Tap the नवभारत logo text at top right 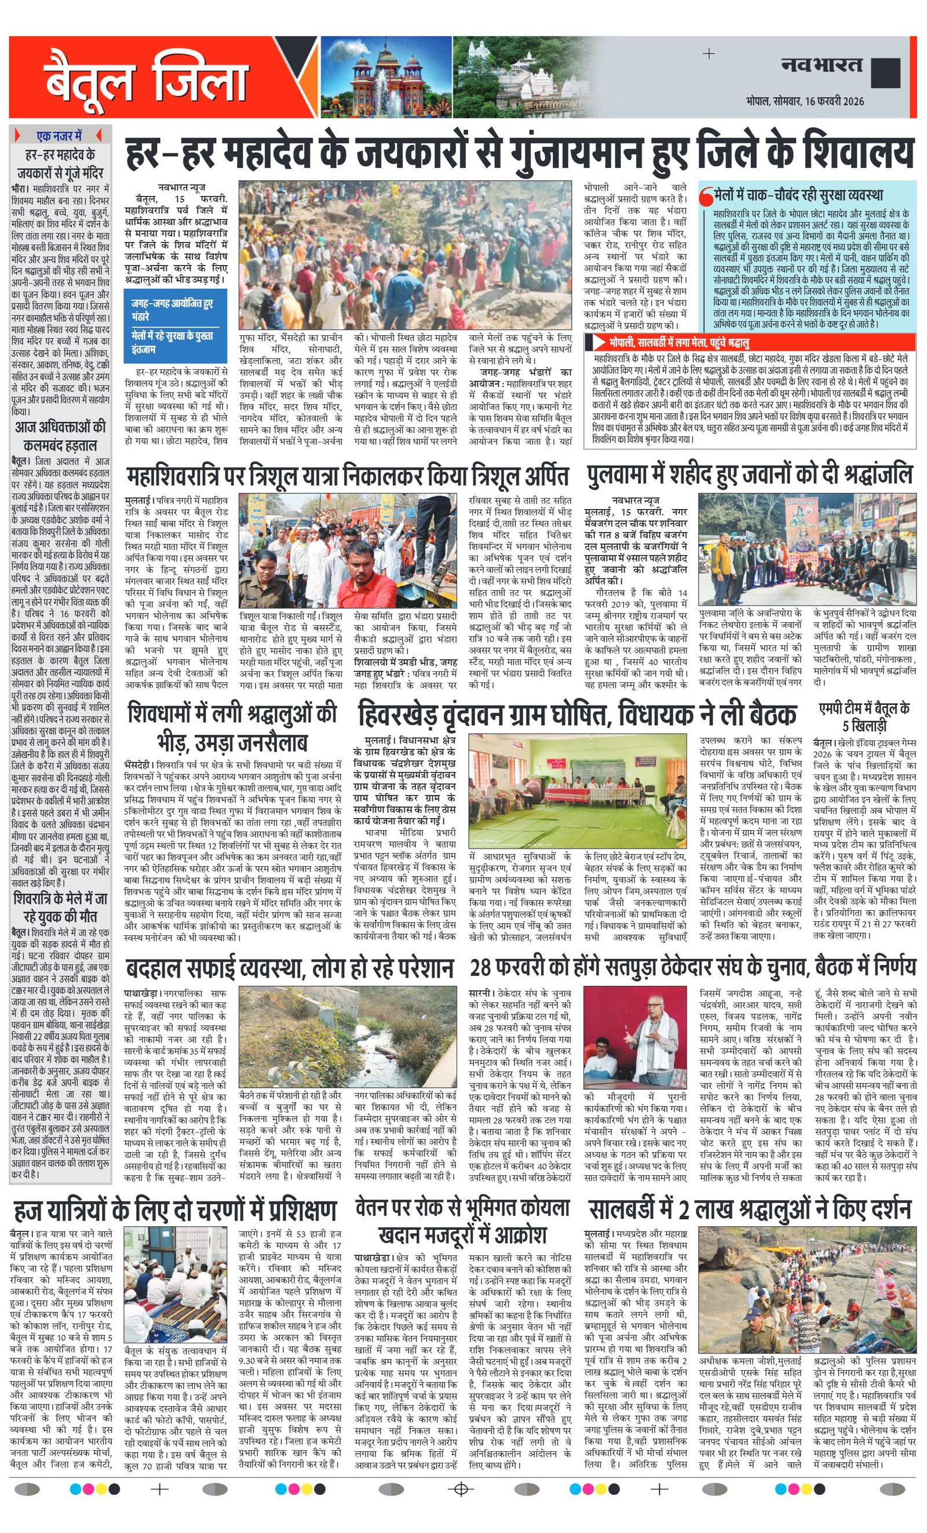(x=822, y=65)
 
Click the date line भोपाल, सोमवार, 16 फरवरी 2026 (x=805, y=101)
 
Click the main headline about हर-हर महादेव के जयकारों (x=519, y=154)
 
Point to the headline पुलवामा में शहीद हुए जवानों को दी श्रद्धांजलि (x=749, y=475)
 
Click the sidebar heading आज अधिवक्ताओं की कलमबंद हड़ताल (x=60, y=435)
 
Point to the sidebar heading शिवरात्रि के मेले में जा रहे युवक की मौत (x=60, y=908)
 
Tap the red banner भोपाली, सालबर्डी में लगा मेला (x=749, y=342)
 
